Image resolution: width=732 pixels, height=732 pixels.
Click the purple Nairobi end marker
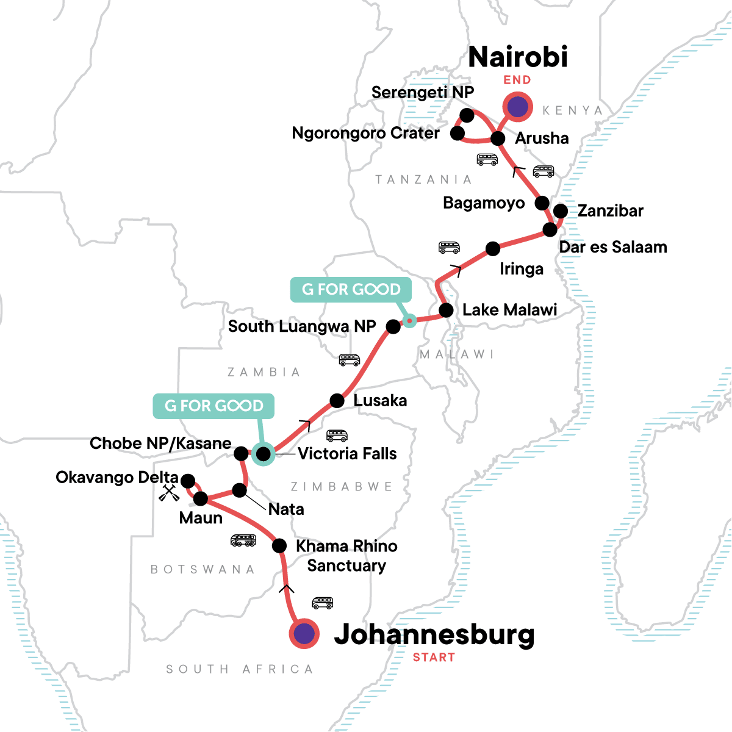(517, 107)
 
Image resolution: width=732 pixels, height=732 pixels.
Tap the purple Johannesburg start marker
(304, 634)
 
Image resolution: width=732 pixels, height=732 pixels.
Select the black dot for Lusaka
(337, 401)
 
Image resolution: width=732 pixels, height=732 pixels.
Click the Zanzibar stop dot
(560, 211)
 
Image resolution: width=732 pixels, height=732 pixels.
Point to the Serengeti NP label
(422, 92)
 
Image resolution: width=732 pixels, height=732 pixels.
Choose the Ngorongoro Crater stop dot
(457, 133)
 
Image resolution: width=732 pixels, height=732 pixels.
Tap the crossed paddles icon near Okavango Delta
(169, 493)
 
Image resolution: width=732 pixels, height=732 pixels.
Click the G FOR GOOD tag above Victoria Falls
(213, 406)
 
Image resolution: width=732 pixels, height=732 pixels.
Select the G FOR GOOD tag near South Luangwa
(351, 289)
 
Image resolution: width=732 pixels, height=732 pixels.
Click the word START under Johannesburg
(434, 658)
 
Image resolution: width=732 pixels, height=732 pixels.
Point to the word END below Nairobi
(517, 80)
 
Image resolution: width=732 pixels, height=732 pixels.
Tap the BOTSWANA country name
(203, 569)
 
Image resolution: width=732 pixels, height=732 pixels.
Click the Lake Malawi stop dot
(447, 310)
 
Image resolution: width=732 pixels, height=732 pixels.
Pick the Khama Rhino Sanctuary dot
(279, 545)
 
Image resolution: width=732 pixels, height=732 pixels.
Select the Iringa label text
(522, 269)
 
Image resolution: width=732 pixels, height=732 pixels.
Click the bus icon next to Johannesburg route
(323, 603)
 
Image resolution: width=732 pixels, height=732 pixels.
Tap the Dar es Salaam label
(612, 247)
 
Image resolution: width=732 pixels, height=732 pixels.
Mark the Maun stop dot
(201, 499)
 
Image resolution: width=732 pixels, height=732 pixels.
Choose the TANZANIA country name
(423, 179)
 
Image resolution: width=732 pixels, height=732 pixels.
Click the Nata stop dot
(240, 490)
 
